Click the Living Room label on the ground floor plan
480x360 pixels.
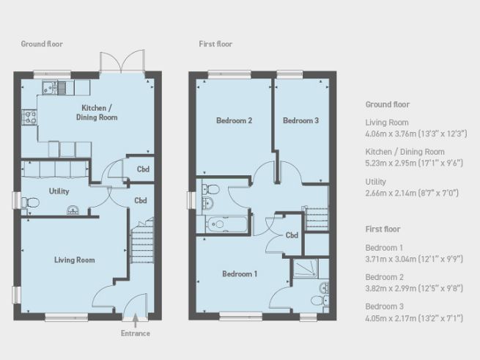[x=75, y=260]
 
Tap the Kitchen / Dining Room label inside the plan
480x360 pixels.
[x=97, y=113]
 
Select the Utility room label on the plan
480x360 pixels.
[x=59, y=191]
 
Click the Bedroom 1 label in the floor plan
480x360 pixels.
[x=240, y=274]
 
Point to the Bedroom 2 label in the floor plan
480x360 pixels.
[x=235, y=121]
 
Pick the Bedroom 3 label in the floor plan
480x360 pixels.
[x=301, y=121]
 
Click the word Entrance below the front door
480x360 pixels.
[x=136, y=334]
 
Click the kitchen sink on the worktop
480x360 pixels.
[x=50, y=88]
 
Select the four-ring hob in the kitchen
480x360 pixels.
[x=29, y=117]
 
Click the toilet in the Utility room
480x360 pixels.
[x=30, y=202]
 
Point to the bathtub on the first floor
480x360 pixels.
[x=226, y=224]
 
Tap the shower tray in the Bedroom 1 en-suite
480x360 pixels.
[x=306, y=268]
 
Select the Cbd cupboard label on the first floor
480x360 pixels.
[x=292, y=235]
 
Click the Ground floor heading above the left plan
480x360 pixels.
[x=42, y=44]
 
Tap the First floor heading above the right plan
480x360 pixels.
[x=215, y=44]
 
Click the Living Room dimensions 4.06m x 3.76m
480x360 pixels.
[x=416, y=134]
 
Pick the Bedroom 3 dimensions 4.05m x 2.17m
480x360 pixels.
[x=414, y=318]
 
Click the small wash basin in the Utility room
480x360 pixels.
[x=73, y=210]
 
